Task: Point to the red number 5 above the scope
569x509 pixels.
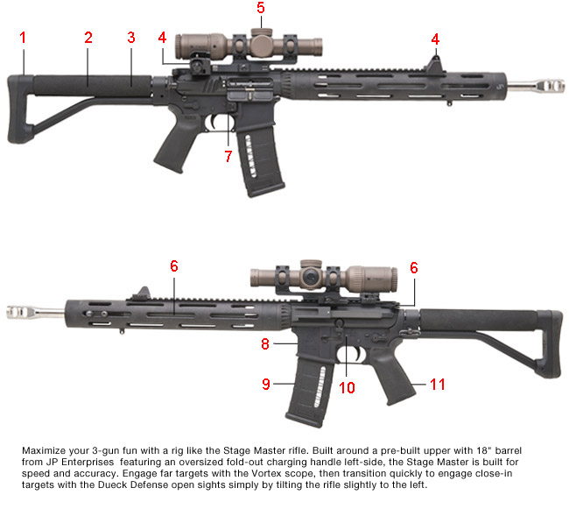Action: pyautogui.click(x=260, y=8)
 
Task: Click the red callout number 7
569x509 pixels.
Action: pyautogui.click(x=228, y=156)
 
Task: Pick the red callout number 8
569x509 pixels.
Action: pyautogui.click(x=264, y=344)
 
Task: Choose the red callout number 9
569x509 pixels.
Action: pyautogui.click(x=264, y=383)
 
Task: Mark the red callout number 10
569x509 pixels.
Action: pyautogui.click(x=347, y=387)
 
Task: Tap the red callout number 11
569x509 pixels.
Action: pyautogui.click(x=436, y=383)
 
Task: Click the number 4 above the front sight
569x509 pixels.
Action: pyautogui.click(x=435, y=39)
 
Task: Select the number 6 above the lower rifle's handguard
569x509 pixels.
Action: pyautogui.click(x=174, y=265)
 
